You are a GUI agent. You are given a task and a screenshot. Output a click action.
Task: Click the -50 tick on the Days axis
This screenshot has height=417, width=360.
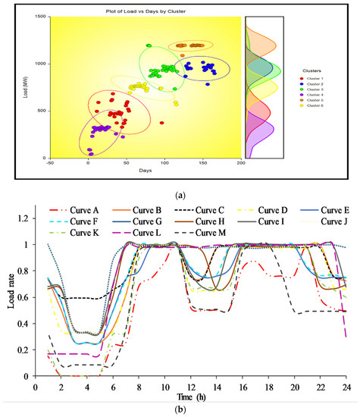50,162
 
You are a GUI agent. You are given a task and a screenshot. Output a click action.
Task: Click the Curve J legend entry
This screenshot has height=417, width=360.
329,221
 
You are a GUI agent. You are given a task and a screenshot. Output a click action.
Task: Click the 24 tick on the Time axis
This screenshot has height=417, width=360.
345,385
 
